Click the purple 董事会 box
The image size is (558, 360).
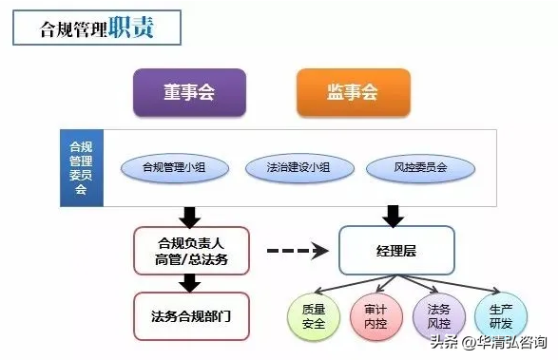[188, 91]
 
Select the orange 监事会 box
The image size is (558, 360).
[353, 91]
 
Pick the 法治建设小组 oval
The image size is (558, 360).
[298, 168]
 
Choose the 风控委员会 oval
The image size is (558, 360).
[420, 168]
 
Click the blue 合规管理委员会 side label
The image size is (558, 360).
[80, 168]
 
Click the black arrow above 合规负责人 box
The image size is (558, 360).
[190, 215]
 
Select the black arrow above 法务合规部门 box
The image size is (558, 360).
[190, 282]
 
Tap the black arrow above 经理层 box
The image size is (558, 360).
[390, 215]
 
